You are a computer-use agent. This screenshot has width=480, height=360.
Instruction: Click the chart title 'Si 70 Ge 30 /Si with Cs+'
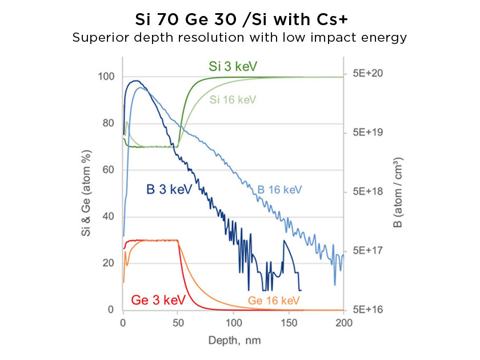[x=239, y=21]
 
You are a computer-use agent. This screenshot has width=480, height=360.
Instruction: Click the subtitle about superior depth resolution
[x=239, y=38]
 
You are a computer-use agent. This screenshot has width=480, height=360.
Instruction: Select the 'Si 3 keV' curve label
[x=233, y=67]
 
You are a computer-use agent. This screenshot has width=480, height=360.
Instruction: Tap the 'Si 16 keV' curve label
[x=233, y=99]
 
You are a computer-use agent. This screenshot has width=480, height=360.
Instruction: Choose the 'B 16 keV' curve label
[x=279, y=189]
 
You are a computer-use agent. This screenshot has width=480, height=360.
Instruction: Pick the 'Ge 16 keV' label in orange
[x=274, y=300]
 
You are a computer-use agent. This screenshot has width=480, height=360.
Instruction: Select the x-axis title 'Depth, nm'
[x=233, y=339]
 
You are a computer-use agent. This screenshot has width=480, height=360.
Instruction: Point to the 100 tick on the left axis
[x=106, y=77]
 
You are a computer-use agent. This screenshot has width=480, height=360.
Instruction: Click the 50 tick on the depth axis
[x=178, y=322]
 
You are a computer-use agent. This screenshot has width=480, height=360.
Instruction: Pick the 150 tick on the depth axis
[x=289, y=322]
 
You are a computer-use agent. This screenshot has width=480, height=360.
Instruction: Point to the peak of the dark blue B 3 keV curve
[x=135, y=81]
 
